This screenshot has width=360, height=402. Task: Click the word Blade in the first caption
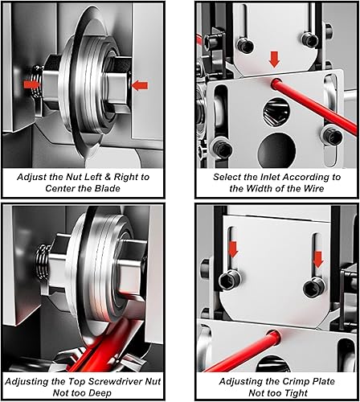pos(107,188)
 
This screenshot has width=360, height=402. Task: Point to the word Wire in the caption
pos(314,188)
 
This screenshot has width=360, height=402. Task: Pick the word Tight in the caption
pos(296,393)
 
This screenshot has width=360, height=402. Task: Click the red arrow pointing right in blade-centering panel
pos(31,84)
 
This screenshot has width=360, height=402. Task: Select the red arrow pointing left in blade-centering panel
pos(140,85)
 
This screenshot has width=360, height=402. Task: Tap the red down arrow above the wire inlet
pos(275,59)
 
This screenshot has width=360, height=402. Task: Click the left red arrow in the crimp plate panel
pos(233,249)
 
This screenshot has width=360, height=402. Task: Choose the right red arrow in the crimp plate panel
pos(318,260)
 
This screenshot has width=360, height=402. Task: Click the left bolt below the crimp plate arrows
pos(228,280)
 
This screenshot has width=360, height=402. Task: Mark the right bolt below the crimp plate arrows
pos(313,288)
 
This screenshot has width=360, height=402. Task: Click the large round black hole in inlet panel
pos(277,150)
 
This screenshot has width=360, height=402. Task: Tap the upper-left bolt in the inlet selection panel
pos(245,44)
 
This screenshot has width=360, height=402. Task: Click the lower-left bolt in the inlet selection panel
pos(220,149)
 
